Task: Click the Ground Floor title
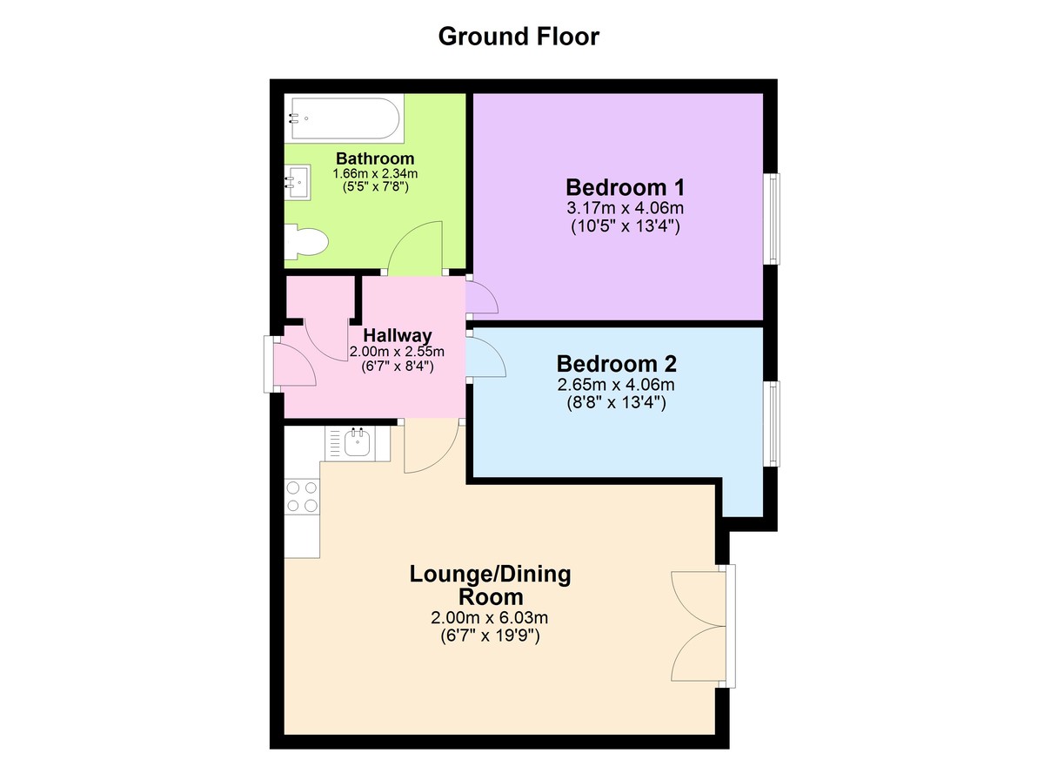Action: point(519,37)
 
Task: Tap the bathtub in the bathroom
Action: point(345,118)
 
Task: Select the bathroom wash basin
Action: point(298,182)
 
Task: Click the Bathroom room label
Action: point(375,158)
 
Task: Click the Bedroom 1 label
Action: point(625,187)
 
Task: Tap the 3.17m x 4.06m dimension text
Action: point(625,207)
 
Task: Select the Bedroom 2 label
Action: point(616,364)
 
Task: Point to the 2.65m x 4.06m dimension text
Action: point(616,385)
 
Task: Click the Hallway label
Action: point(398,335)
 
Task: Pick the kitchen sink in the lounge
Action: point(358,442)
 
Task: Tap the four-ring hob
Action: point(302,496)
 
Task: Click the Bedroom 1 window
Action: point(773,219)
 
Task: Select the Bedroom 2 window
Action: point(773,423)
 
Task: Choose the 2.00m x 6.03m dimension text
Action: point(489,618)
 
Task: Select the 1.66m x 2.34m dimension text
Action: point(375,174)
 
